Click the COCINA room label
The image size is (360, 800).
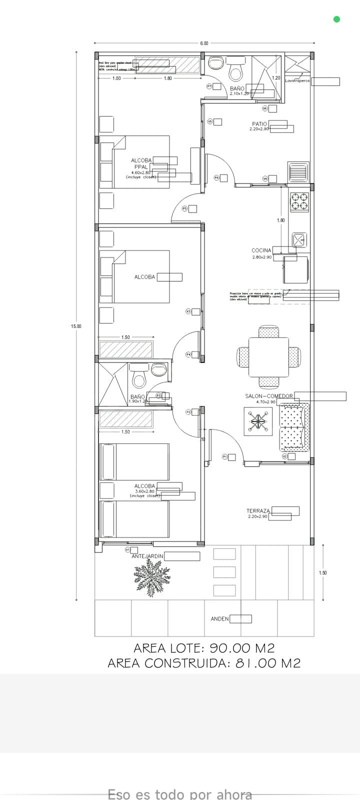point(261,250)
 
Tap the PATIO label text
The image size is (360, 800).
point(259,123)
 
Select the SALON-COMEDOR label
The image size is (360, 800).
point(268,396)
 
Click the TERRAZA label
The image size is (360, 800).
point(258,511)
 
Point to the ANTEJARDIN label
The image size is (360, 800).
point(147,556)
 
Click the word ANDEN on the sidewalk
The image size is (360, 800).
point(219,619)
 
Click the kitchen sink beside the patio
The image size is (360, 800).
point(297,172)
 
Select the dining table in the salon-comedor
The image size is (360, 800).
point(269,357)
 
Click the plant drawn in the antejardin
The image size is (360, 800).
point(152,578)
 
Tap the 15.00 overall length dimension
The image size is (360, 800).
point(75,326)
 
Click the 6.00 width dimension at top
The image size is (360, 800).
point(204,43)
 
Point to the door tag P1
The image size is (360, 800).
point(225,456)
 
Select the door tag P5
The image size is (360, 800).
point(184,208)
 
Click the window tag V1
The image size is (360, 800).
point(127,549)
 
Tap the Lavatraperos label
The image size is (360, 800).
point(297,80)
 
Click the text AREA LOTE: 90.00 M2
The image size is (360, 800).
point(204,648)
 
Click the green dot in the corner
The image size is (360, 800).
point(336,19)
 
